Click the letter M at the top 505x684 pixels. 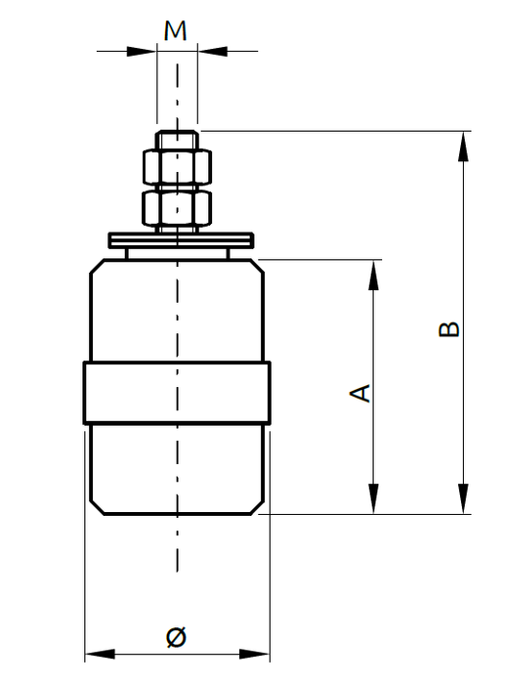tap(176, 30)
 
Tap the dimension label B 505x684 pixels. tap(448, 328)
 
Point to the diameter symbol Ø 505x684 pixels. tap(176, 637)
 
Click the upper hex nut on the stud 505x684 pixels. tap(177, 166)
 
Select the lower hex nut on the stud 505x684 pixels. tap(177, 207)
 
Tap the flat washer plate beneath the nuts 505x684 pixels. tap(181, 237)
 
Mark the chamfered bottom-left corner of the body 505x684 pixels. tap(96, 505)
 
